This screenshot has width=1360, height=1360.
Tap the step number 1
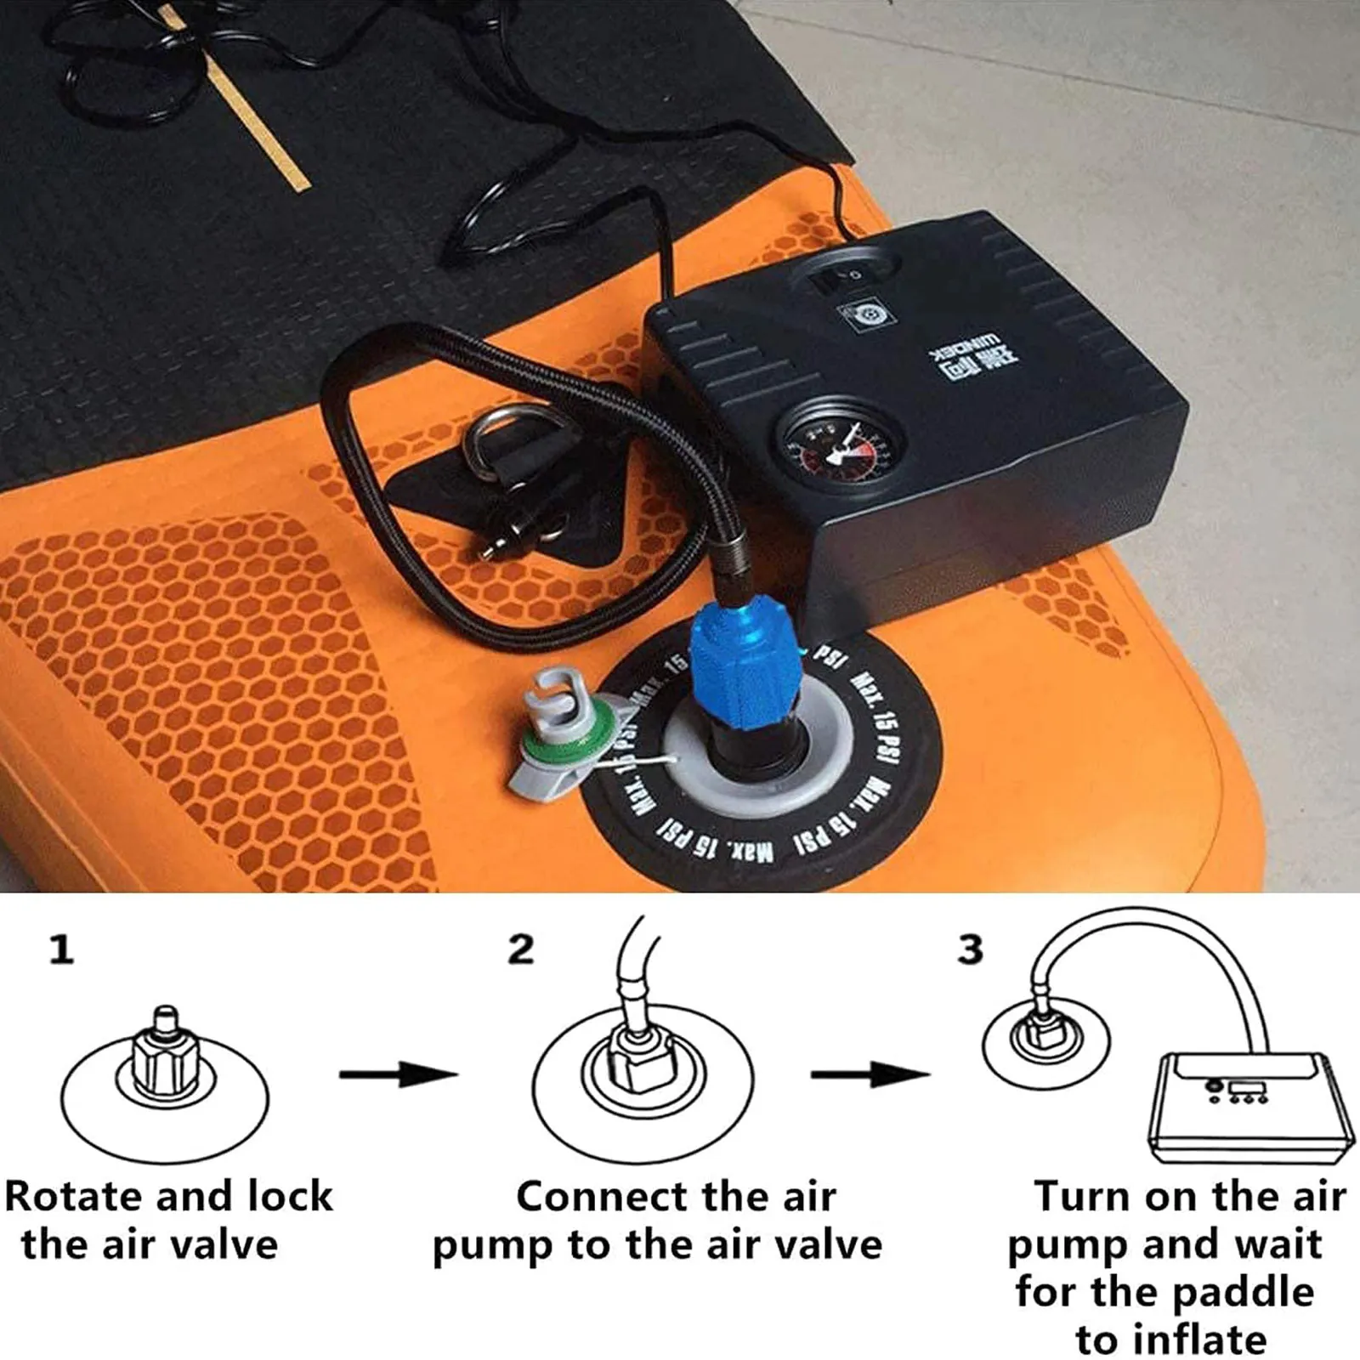click(x=60, y=949)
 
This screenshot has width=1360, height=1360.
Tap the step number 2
click(x=520, y=949)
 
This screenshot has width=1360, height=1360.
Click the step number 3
click(x=970, y=949)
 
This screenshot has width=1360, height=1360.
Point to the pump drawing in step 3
click(x=1241, y=1109)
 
